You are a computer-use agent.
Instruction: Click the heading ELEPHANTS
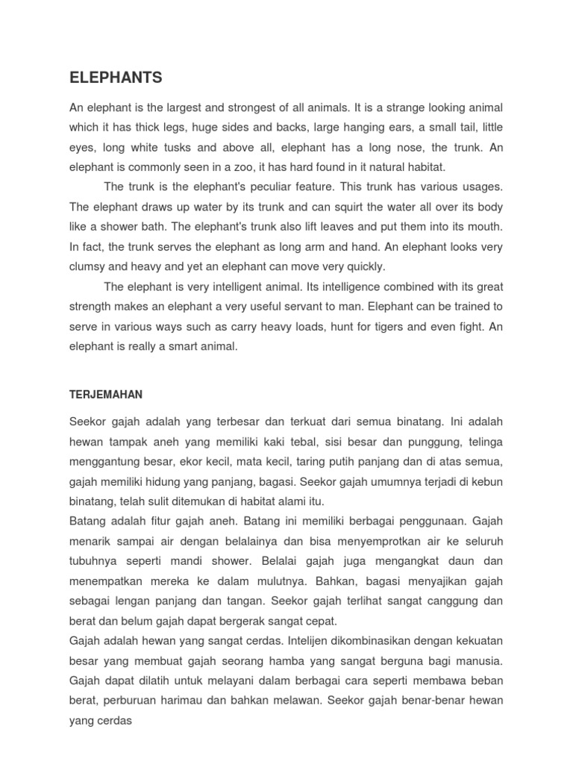pos(116,78)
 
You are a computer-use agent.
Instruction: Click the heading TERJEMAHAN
pos(105,395)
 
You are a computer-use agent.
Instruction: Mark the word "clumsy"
pos(88,266)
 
